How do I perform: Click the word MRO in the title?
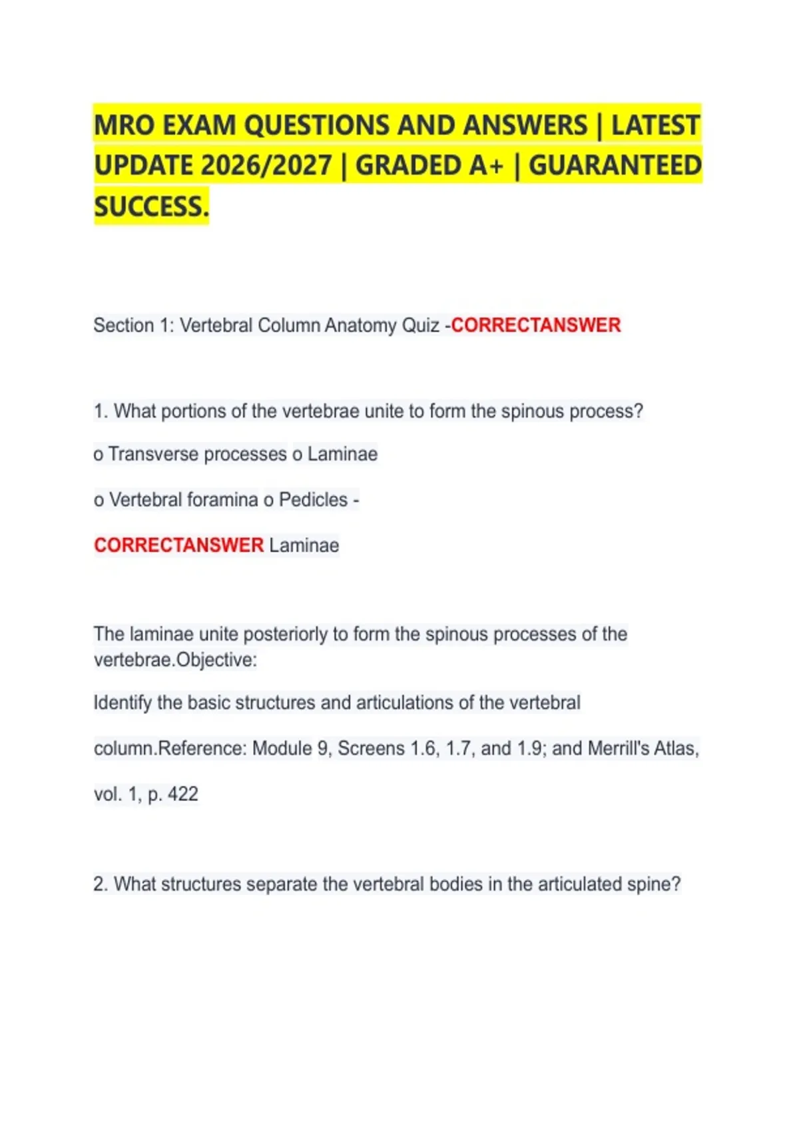(125, 125)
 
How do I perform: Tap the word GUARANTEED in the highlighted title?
(615, 166)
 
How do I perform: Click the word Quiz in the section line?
(419, 326)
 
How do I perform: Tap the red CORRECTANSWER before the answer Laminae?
(178, 545)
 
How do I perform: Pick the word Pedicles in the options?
(313, 500)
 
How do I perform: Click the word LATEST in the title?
(655, 125)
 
